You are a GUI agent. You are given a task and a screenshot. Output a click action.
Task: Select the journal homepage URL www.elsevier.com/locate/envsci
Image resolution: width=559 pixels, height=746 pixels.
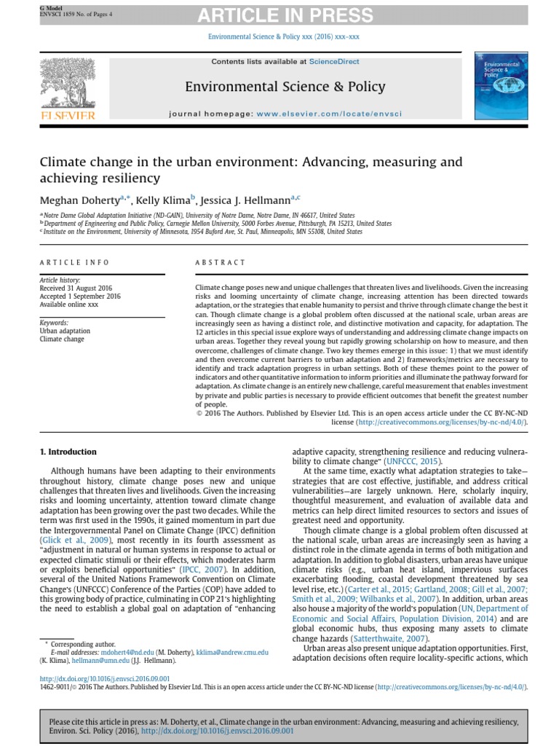329,114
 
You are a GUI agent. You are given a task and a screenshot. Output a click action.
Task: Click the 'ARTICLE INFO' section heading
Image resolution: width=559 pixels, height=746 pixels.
74,262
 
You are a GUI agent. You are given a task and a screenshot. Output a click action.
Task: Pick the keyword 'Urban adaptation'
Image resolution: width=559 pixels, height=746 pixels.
66,331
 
